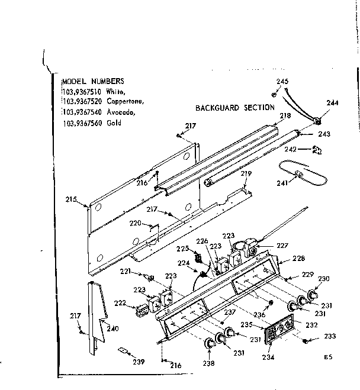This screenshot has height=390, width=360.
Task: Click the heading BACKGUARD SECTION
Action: (x=235, y=108)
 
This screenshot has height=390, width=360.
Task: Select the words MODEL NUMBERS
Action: (x=93, y=81)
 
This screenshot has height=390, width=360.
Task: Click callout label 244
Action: (x=332, y=103)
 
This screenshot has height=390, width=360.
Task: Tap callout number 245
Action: (x=282, y=81)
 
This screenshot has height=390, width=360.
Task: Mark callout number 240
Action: (x=112, y=329)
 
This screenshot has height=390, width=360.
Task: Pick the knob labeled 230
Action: (x=313, y=293)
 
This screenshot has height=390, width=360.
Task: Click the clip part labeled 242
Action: (x=317, y=150)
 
